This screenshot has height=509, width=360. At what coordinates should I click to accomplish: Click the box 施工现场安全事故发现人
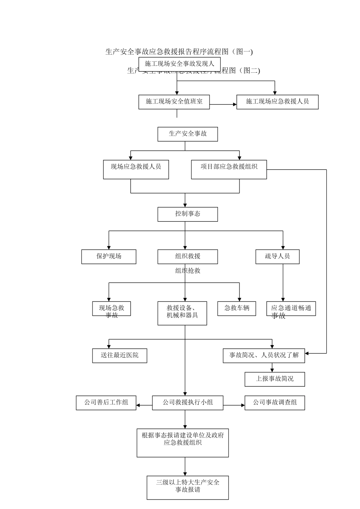coord(179,64)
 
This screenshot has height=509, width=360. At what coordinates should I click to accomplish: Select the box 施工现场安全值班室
coord(174,102)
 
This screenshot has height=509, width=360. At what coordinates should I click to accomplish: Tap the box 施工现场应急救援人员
coord(277,102)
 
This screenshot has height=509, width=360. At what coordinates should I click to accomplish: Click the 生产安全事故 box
coord(188,134)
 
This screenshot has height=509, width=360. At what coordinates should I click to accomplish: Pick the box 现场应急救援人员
coord(136,169)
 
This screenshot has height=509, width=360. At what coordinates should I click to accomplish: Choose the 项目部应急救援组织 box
coord(229,169)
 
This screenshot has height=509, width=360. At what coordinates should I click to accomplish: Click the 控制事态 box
coord(188,214)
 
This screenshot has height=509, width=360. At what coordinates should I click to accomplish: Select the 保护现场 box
coord(109,256)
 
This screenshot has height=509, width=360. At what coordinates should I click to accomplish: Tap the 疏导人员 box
coord(277,256)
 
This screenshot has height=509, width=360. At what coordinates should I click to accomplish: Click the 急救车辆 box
coord(237,308)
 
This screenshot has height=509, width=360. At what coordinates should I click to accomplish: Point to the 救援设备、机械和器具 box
coord(182,313)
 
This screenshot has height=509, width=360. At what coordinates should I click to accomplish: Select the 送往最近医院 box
coord(119,356)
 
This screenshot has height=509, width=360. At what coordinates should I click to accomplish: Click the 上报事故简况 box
coord(275,379)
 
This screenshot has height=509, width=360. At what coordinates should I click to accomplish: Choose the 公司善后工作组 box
coord(106,403)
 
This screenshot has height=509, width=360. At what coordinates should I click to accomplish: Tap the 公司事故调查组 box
coord(275,403)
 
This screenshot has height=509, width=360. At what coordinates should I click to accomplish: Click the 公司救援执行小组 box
coord(188,403)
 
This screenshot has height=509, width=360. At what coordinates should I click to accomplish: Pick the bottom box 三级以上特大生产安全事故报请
coord(188,487)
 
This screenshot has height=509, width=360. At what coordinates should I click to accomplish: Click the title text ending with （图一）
coord(179,52)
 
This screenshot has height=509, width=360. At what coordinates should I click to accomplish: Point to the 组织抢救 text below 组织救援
coord(188,271)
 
